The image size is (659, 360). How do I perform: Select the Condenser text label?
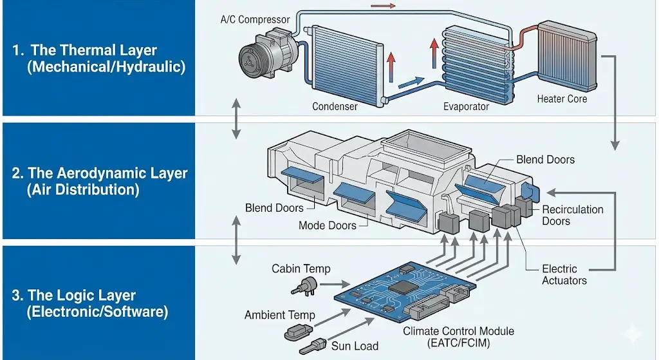pos(335,106)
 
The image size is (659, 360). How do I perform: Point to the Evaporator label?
pos(466,106)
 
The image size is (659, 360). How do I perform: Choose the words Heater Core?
pos(562,99)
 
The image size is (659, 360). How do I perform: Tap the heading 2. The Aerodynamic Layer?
pos(100,173)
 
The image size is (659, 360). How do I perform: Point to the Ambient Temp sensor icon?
pos(298,332)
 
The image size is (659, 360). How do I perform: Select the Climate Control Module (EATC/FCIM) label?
pos(458,337)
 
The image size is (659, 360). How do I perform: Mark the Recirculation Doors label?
pos(572,215)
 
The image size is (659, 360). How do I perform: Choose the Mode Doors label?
pos(328,225)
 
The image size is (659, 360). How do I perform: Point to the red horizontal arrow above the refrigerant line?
pos(384,6)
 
